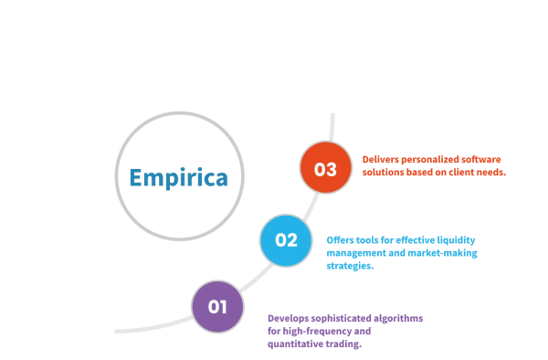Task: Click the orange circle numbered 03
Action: point(325,168)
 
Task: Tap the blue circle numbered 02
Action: point(286,240)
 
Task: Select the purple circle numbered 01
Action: point(217,306)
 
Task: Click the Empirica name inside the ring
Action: point(178,176)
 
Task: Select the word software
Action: point(480,158)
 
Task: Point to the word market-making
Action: point(447,252)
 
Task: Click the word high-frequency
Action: point(313,331)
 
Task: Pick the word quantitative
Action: point(294,344)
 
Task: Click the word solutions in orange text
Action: point(385,171)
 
